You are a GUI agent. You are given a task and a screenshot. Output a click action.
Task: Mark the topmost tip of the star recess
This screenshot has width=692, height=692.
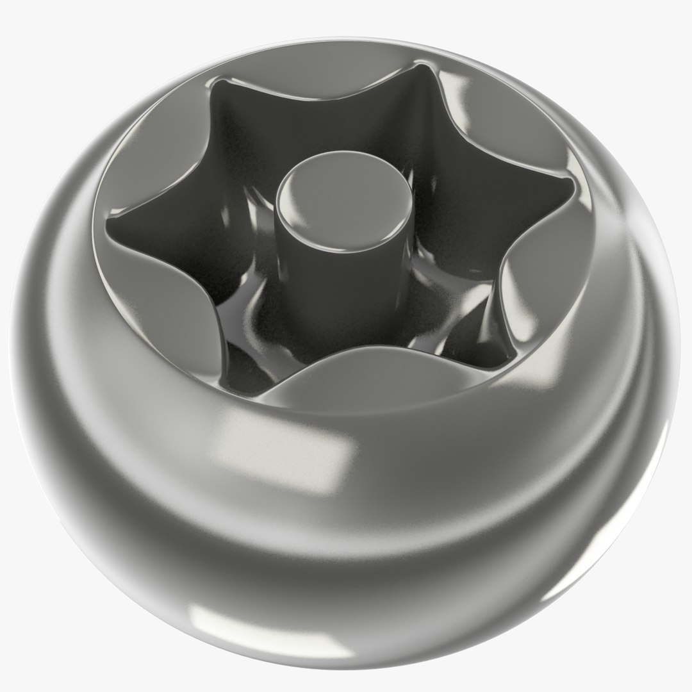pos(420,65)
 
